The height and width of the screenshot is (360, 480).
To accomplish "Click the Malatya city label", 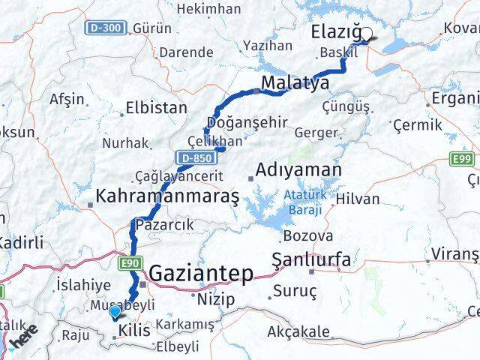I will click(295, 82).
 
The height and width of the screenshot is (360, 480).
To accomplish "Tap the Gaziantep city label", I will click(201, 274).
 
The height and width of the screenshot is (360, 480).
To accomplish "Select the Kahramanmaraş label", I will click(166, 196).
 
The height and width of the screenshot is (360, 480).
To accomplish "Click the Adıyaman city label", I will click(298, 170).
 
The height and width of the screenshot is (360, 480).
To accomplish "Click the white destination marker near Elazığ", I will click(367, 34).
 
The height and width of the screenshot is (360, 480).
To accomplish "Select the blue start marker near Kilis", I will click(114, 312).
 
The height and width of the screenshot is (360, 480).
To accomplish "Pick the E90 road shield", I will click(128, 262).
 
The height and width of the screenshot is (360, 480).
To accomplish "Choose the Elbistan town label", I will click(156, 107).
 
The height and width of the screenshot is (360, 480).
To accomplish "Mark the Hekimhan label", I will click(213, 9).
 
